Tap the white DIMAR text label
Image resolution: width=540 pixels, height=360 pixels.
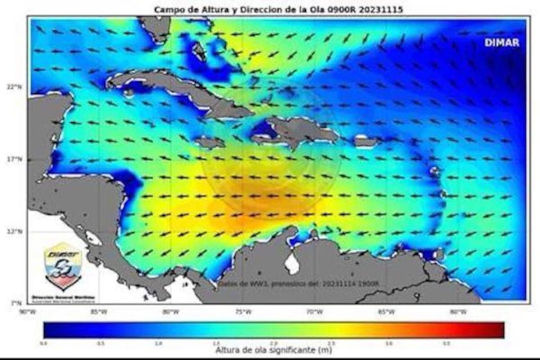(x=502, y=43)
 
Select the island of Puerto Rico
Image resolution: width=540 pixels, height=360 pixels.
(x=365, y=142)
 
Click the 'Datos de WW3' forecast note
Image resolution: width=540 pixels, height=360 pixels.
(x=299, y=284)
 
